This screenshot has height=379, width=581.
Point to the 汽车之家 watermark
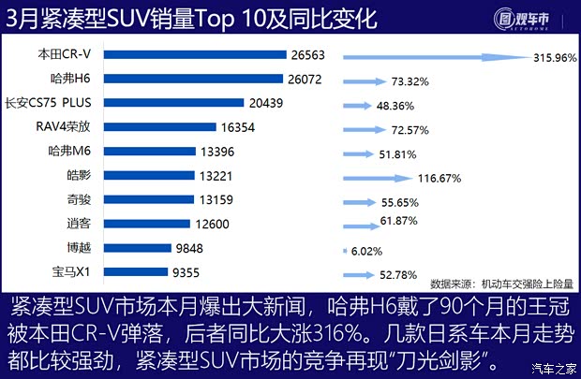552,366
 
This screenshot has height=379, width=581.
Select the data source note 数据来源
499,284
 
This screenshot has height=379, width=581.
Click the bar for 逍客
164,226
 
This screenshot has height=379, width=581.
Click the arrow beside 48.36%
365,104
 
